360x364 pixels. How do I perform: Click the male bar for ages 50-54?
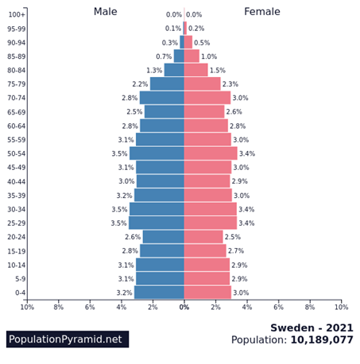click(x=157, y=153)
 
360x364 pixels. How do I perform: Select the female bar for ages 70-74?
click(x=207, y=98)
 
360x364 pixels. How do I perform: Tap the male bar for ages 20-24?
click(x=164, y=237)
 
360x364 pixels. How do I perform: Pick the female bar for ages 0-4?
click(x=207, y=292)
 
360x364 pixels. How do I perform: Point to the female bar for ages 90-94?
click(x=188, y=42)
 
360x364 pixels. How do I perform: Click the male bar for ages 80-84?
click(x=174, y=70)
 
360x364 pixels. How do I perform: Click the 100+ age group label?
click(x=17, y=14)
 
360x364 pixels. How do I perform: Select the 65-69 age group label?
click(x=17, y=112)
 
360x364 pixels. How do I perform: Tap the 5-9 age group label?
click(x=20, y=279)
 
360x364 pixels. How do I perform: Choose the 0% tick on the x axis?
click(x=184, y=307)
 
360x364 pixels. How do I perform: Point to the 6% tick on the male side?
click(x=90, y=307)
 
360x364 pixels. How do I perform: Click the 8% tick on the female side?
click(x=310, y=307)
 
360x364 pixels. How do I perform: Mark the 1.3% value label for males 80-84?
click(x=154, y=70)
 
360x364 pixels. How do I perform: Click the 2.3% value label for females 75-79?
click(x=230, y=84)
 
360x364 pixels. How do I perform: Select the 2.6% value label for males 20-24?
click(x=133, y=237)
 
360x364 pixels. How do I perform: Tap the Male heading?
click(x=106, y=12)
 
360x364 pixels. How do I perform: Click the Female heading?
click(x=262, y=12)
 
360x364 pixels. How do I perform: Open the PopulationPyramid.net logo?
click(x=68, y=339)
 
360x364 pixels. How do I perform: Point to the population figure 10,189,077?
click(x=322, y=340)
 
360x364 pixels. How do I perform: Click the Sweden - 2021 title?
click(x=312, y=328)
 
